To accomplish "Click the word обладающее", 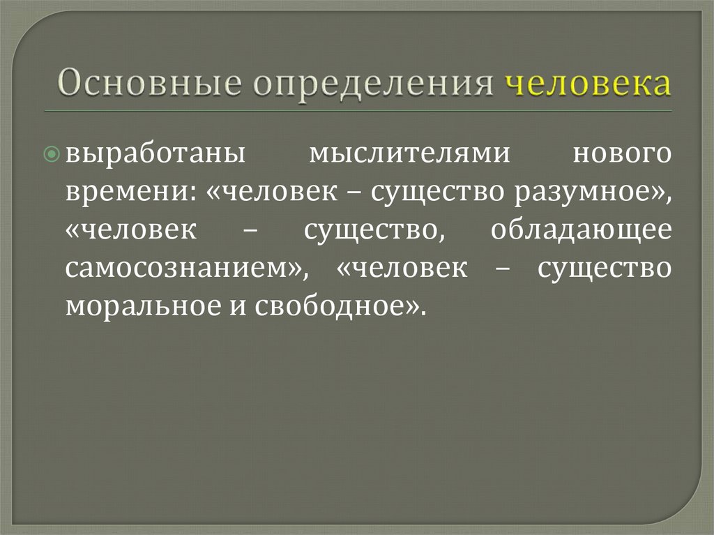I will coord(581,232).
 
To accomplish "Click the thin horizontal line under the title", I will coord(357,111).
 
